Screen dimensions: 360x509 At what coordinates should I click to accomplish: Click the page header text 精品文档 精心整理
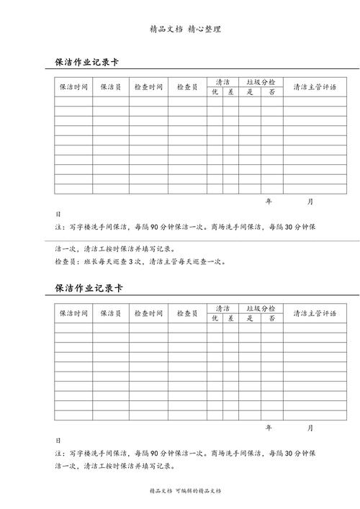(185, 30)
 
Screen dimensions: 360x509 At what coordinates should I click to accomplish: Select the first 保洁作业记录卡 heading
(89, 63)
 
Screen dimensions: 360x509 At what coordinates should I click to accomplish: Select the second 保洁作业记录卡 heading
(89, 288)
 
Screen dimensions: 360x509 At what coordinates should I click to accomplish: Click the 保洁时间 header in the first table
(73, 87)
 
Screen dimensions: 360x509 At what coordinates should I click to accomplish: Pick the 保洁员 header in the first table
(111, 87)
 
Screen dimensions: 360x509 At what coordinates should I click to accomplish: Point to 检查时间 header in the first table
(149, 87)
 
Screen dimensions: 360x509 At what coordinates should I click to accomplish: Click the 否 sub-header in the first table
(271, 92)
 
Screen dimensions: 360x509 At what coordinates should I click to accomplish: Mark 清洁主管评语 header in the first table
(315, 87)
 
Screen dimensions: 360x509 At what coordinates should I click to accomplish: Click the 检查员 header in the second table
(187, 313)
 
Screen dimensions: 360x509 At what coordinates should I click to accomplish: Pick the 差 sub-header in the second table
(230, 318)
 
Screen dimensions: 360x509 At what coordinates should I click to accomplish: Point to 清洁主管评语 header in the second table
(315, 313)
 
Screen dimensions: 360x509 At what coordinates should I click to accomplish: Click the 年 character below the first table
(269, 202)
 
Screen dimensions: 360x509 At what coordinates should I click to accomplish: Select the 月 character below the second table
(310, 428)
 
